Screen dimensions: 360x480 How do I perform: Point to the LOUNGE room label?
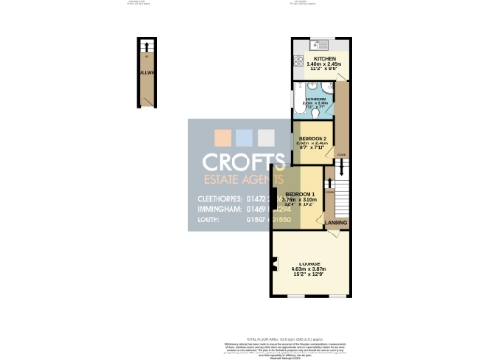(309, 263)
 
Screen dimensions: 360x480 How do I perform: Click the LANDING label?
(336, 223)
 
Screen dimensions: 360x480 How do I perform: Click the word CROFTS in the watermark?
(243, 162)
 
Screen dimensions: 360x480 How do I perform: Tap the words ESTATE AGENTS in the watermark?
(244, 181)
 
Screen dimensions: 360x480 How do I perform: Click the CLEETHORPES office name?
(222, 199)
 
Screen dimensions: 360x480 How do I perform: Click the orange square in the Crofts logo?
(273, 137)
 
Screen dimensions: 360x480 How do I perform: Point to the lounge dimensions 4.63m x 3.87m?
(309, 271)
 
